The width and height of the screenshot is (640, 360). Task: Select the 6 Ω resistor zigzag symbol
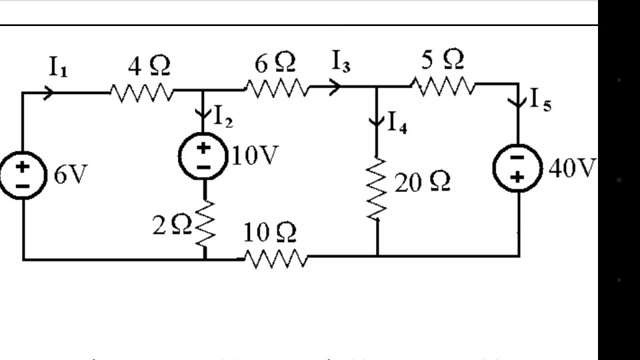[x=277, y=87]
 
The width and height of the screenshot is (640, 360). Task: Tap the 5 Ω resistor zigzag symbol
[x=443, y=86]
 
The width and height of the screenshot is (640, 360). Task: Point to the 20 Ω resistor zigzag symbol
[x=377, y=187]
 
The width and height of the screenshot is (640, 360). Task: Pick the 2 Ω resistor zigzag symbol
[x=205, y=223]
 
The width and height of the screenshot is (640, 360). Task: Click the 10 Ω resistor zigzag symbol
[x=275, y=257]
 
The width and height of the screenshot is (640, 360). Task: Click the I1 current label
[x=57, y=67]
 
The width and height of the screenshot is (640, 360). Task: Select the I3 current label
[x=342, y=64]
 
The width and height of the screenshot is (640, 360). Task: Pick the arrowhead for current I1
[x=49, y=93]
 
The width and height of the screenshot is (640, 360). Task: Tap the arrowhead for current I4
[x=377, y=121]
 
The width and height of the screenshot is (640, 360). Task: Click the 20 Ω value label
[x=421, y=183]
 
